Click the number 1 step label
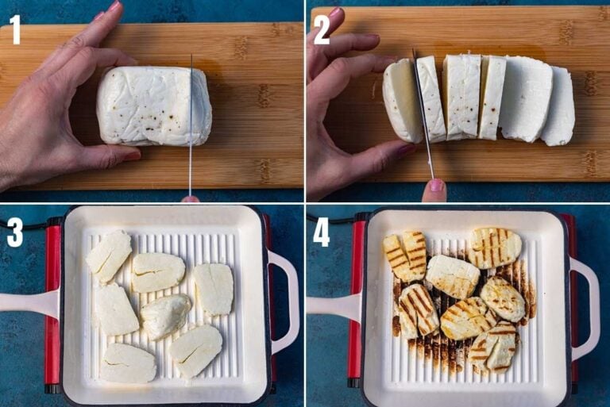14,29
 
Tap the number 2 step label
321,29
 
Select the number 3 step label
14,232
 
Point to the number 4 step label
321,232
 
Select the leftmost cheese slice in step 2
401,101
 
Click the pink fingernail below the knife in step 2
434,187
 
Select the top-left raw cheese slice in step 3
109,256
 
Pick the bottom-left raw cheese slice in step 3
128,363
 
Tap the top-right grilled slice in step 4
494,248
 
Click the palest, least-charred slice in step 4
452,276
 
